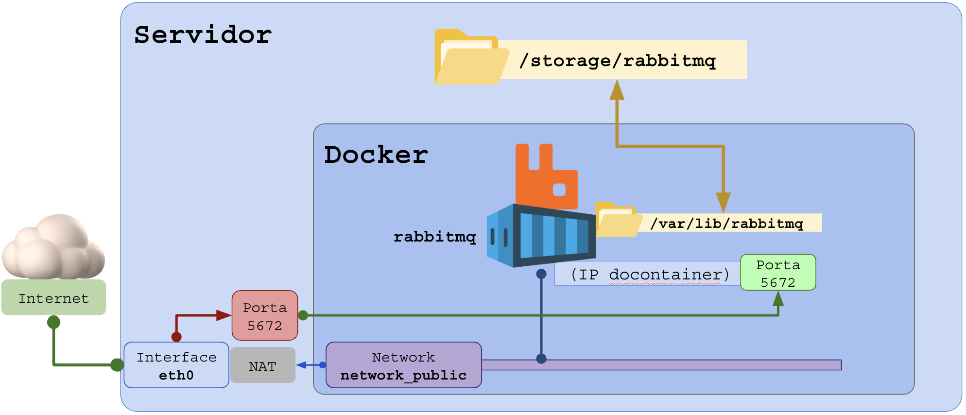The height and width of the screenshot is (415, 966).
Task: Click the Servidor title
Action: point(203,35)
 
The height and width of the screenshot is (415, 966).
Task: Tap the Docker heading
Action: point(376,155)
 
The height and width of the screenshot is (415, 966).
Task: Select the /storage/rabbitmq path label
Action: point(618,60)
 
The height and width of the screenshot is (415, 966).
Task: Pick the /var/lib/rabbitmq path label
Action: point(726,223)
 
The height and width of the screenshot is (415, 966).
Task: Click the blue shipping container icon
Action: point(540,235)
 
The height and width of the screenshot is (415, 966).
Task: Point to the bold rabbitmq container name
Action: point(434,237)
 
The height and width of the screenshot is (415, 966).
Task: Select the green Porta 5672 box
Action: point(777,273)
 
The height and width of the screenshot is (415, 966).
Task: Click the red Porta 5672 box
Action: point(265,316)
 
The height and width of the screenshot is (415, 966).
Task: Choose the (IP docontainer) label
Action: point(649,275)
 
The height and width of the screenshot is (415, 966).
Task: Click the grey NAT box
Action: point(263,366)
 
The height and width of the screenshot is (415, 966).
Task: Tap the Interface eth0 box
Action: point(176,365)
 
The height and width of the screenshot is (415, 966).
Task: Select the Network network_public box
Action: point(403,365)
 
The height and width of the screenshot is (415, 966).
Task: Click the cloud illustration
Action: point(53,248)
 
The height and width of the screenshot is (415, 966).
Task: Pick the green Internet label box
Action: point(53,298)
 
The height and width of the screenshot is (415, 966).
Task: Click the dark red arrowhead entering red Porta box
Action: point(224,315)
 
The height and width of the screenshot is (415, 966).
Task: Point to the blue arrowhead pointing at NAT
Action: point(302,365)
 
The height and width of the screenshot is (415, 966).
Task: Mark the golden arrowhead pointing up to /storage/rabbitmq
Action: point(617,90)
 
